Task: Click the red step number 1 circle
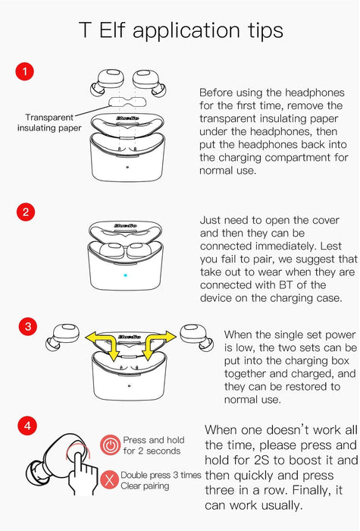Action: click(x=25, y=71)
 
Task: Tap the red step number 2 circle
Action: click(x=26, y=212)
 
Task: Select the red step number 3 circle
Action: click(x=28, y=326)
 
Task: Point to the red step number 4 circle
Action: click(x=27, y=426)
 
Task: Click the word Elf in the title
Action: click(x=111, y=30)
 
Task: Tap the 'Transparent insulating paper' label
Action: click(x=49, y=123)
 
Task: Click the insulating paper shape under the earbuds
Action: click(x=127, y=102)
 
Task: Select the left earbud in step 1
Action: click(x=107, y=82)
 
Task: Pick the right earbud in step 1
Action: click(x=149, y=82)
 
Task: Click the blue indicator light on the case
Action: click(x=125, y=275)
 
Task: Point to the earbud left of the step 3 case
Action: click(x=63, y=337)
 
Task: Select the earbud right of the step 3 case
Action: click(x=196, y=337)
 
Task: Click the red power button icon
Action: click(x=111, y=445)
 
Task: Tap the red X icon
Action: click(x=109, y=480)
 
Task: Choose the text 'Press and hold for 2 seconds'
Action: click(x=153, y=445)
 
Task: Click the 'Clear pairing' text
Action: click(x=145, y=486)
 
